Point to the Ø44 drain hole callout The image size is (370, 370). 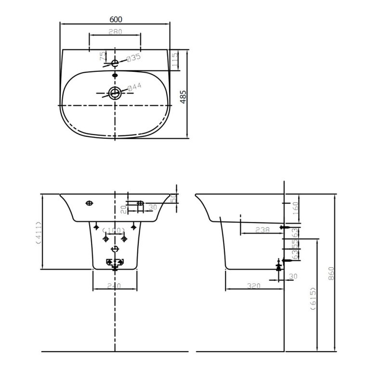coord(134,87)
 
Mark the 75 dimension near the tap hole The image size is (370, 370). coord(102,56)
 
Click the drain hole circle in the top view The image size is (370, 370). coord(115,93)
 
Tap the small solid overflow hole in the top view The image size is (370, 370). coord(115,75)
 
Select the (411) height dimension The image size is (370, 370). coord(38,233)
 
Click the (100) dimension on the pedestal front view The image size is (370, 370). coord(115,231)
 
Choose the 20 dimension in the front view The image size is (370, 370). coord(123,208)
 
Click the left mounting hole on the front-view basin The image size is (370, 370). coord(89,203)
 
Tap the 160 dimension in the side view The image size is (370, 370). coord(296,209)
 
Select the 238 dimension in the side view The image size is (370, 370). coord(263,230)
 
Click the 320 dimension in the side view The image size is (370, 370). coord(253,286)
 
